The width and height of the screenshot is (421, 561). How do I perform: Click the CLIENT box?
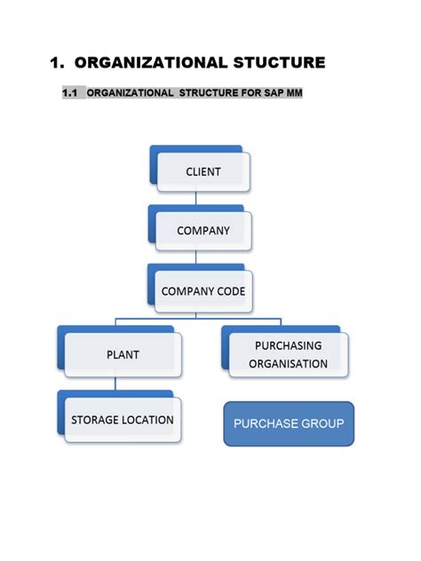click(203, 172)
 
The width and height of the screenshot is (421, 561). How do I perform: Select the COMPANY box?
click(203, 231)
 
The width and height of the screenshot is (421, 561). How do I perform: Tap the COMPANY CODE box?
click(203, 291)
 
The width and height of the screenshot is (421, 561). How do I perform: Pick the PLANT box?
click(123, 354)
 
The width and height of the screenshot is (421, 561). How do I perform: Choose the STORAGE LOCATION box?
click(123, 420)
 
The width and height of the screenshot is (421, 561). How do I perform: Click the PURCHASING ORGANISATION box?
click(288, 354)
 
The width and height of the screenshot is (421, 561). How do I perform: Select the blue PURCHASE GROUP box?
click(288, 423)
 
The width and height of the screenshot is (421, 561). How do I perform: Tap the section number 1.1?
click(71, 93)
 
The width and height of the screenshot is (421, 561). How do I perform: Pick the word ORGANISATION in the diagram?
click(288, 363)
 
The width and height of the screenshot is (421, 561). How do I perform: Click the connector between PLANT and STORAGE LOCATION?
click(115, 384)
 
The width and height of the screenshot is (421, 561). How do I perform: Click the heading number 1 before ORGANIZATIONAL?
click(56, 62)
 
